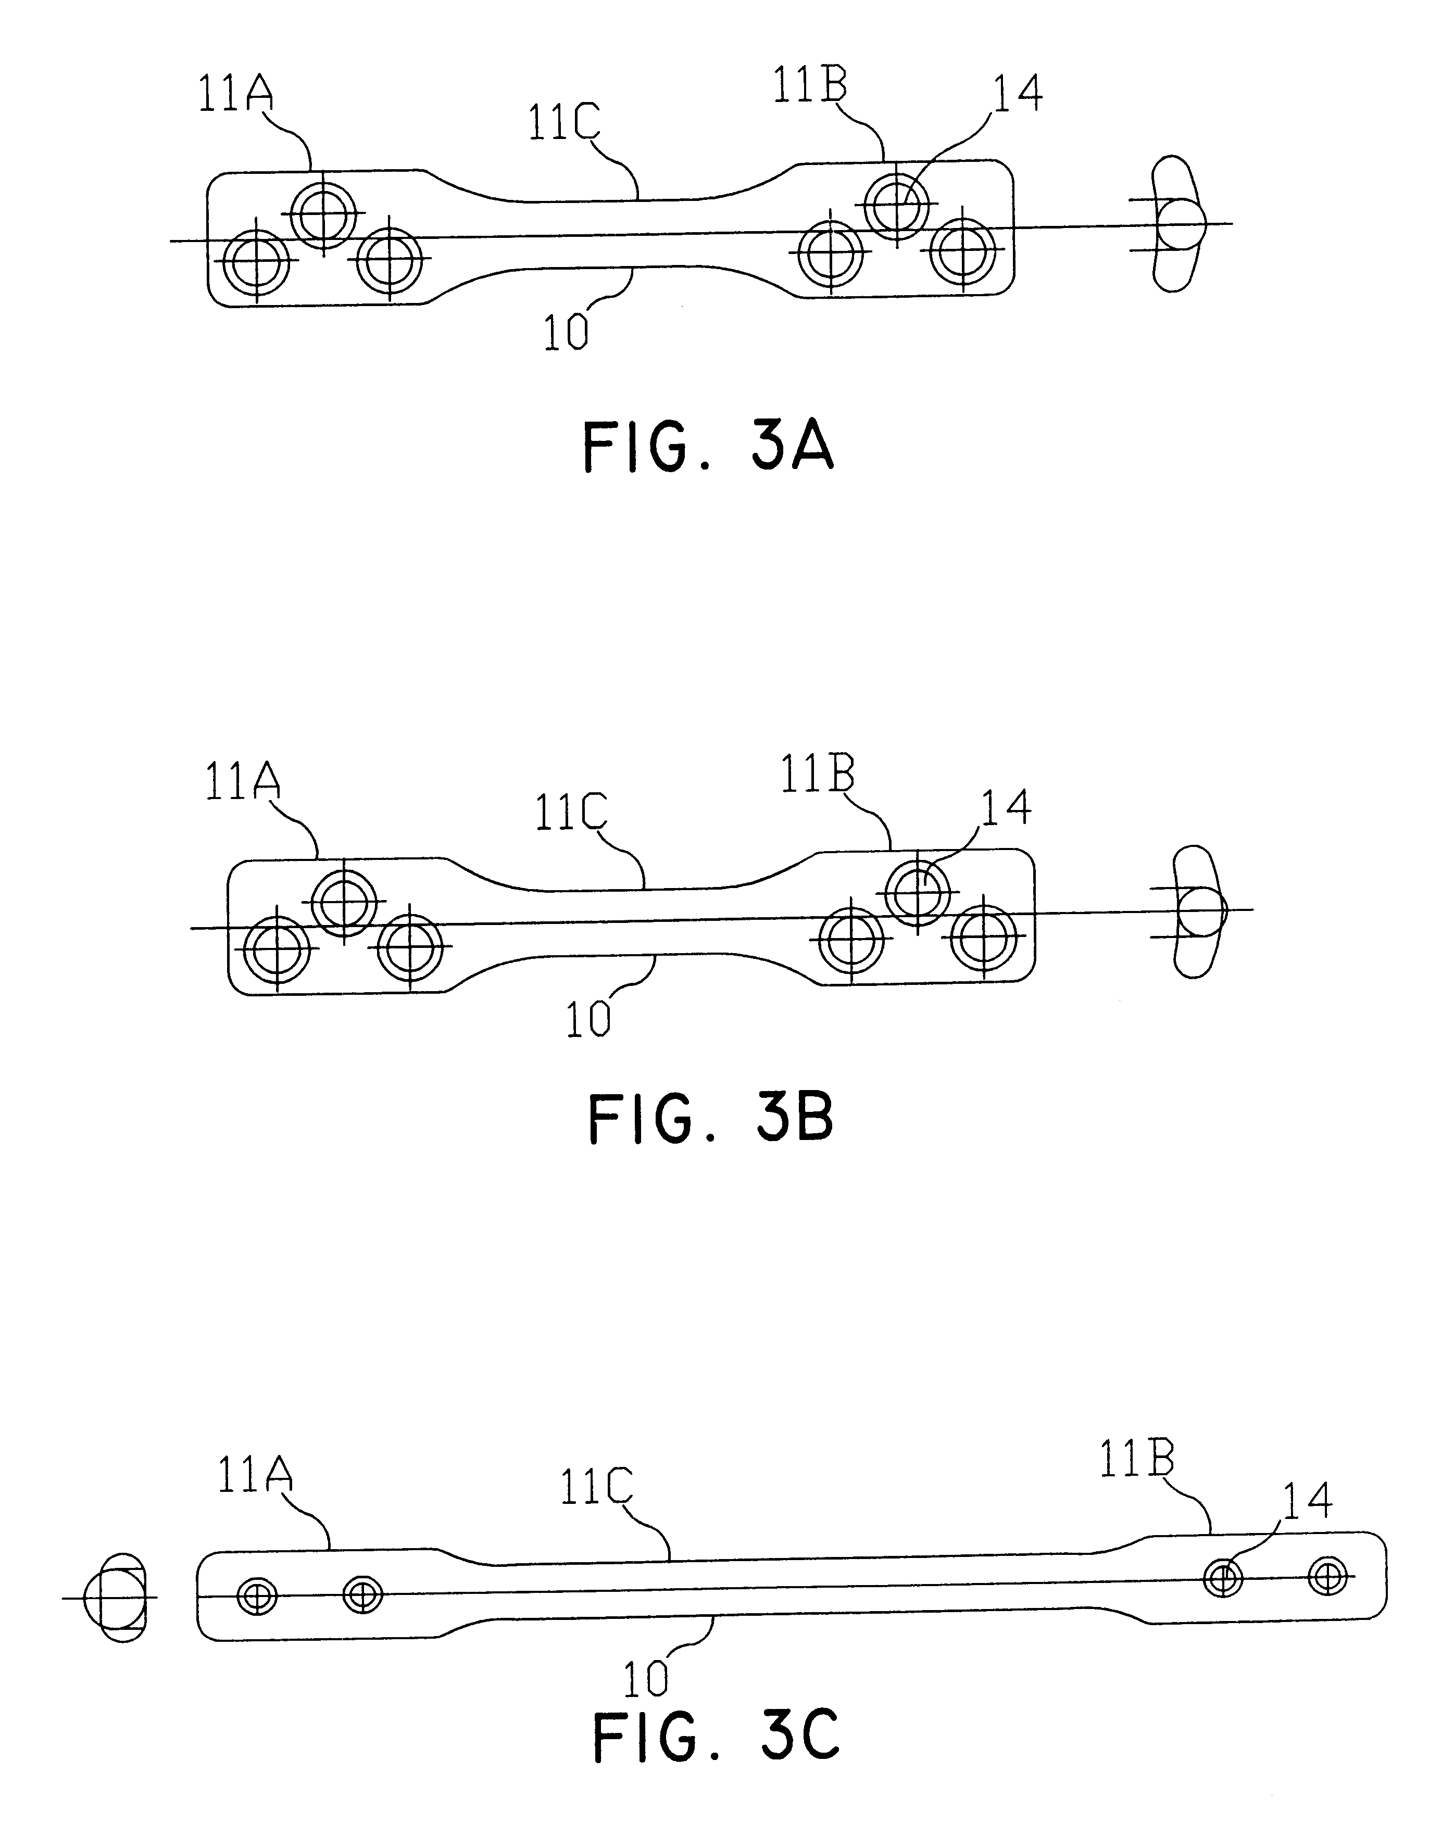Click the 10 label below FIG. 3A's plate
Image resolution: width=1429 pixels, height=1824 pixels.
pos(567,332)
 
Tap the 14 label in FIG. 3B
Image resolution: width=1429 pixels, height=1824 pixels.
pos(1007,807)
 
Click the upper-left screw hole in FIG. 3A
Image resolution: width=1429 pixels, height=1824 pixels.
pos(323,214)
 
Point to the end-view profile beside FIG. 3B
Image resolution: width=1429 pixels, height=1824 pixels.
pos(1196,911)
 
